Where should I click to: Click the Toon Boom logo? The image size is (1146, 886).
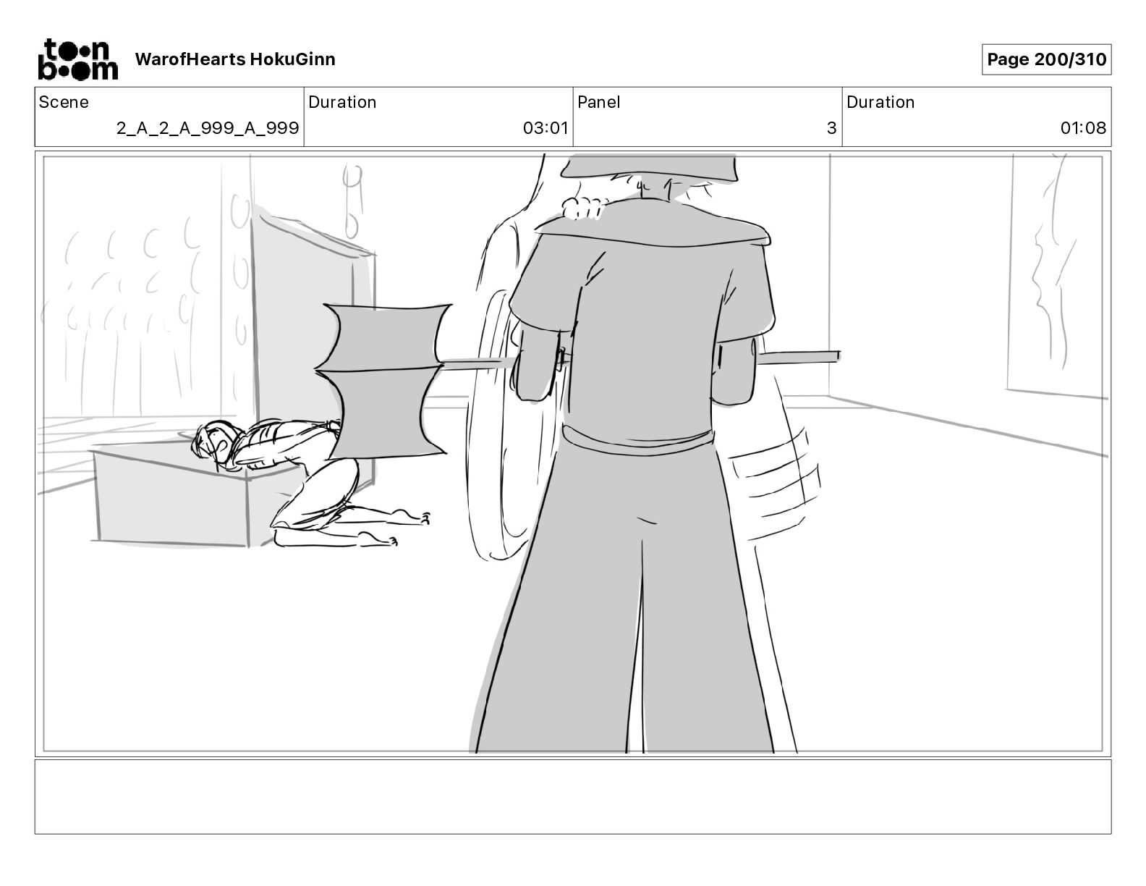click(x=77, y=59)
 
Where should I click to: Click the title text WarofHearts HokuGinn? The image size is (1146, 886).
click(x=235, y=59)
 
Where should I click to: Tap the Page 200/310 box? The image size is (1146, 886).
click(x=1046, y=59)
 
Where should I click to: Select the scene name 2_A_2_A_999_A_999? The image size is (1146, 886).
click(x=208, y=128)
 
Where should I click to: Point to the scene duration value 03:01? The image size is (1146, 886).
click(x=546, y=128)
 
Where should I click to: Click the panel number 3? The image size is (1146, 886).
click(x=831, y=128)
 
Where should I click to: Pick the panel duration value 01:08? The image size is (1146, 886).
click(x=1083, y=128)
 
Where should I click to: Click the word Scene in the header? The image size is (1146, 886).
click(x=64, y=102)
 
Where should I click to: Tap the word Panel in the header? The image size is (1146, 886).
click(x=598, y=102)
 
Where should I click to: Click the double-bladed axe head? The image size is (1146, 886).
click(x=383, y=380)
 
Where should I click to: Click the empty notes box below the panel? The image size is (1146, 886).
click(x=572, y=796)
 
